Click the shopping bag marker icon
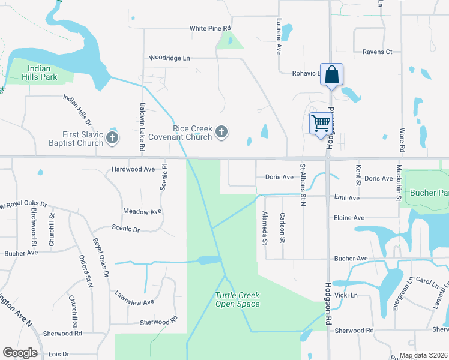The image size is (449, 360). click(x=331, y=75)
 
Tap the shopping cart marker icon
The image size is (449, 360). click(x=321, y=124)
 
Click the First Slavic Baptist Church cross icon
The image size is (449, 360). click(x=112, y=139)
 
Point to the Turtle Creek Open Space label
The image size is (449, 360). click(x=238, y=299)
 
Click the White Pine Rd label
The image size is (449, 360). click(x=210, y=28)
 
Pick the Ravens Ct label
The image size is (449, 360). click(x=377, y=52)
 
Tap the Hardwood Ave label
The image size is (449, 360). click(x=133, y=169)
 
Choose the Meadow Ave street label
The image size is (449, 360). click(x=142, y=212)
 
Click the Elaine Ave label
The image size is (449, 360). click(x=349, y=218)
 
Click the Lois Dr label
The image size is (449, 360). click(x=58, y=354)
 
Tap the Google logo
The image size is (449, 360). click(x=20, y=353)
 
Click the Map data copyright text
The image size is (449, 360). click(x=423, y=355)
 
